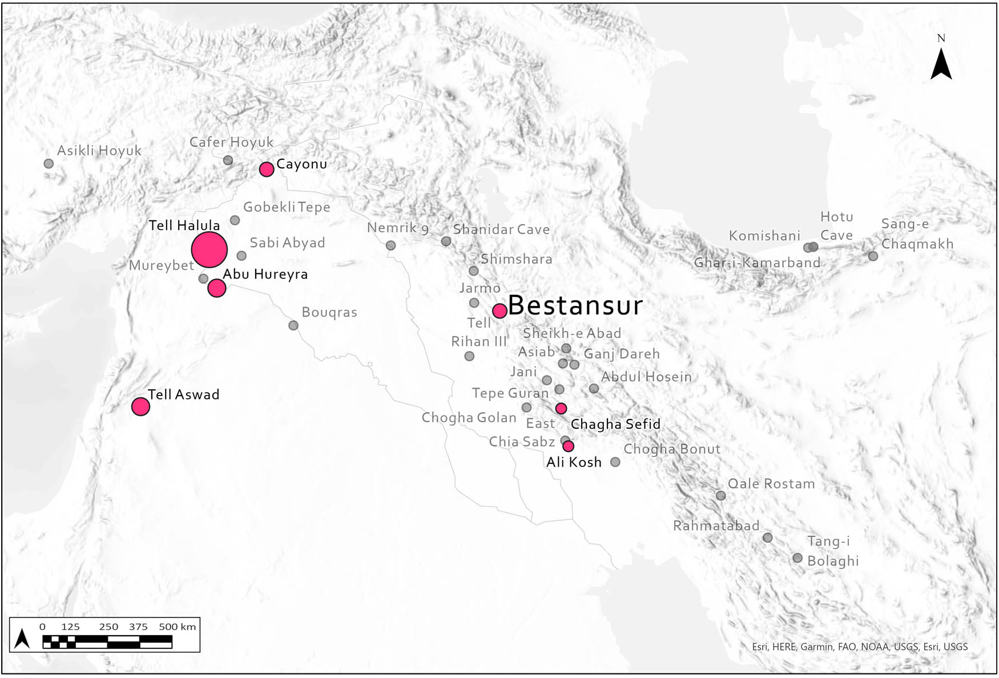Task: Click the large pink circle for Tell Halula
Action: pyautogui.click(x=210, y=249)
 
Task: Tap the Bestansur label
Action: pyautogui.click(x=575, y=306)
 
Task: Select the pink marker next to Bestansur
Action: pyautogui.click(x=499, y=310)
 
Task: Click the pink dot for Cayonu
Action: pyautogui.click(x=267, y=169)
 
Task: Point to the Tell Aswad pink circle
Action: pyautogui.click(x=140, y=406)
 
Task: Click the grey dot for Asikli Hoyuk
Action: pyautogui.click(x=49, y=163)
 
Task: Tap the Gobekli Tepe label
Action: pyautogui.click(x=287, y=207)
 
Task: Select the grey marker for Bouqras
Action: pyautogui.click(x=293, y=325)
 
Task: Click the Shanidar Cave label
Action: pyautogui.click(x=501, y=229)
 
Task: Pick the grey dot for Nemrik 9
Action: pyautogui.click(x=390, y=245)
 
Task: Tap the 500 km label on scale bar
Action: pyautogui.click(x=177, y=627)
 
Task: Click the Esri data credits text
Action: pyautogui.click(x=859, y=647)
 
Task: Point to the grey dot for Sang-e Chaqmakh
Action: pyautogui.click(x=873, y=256)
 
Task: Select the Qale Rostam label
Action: pyautogui.click(x=771, y=484)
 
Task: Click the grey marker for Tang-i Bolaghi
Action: pyautogui.click(x=797, y=558)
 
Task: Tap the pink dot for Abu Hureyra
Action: pyautogui.click(x=216, y=288)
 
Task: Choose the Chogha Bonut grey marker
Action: pyautogui.click(x=615, y=462)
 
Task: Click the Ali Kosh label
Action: pyautogui.click(x=574, y=462)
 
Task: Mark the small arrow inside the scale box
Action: pyautogui.click(x=22, y=638)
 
